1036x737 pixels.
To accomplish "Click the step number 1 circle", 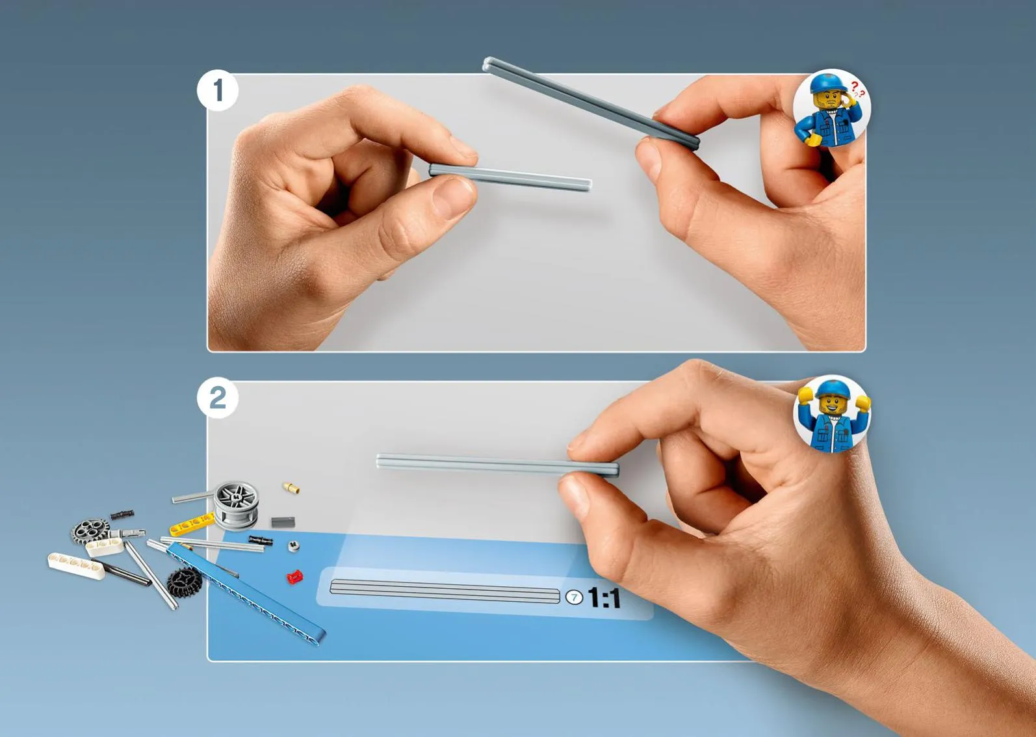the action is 217,90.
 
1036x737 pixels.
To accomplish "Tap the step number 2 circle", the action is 217,398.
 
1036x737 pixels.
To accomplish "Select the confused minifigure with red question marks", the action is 831,109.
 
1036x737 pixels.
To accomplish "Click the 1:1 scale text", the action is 604,598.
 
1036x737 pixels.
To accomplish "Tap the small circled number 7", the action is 574,597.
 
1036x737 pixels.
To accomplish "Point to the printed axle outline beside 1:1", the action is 445,591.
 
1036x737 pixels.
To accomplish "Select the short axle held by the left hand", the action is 510,177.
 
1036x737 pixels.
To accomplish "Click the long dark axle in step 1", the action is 591,103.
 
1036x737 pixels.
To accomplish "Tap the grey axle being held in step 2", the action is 498,464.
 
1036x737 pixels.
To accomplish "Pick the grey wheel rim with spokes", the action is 236,506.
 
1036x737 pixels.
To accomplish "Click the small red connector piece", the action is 294,576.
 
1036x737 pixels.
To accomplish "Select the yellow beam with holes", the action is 192,525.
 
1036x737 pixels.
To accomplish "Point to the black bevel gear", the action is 185,582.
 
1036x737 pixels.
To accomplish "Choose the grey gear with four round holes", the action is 90,531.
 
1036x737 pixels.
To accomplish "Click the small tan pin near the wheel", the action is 291,487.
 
